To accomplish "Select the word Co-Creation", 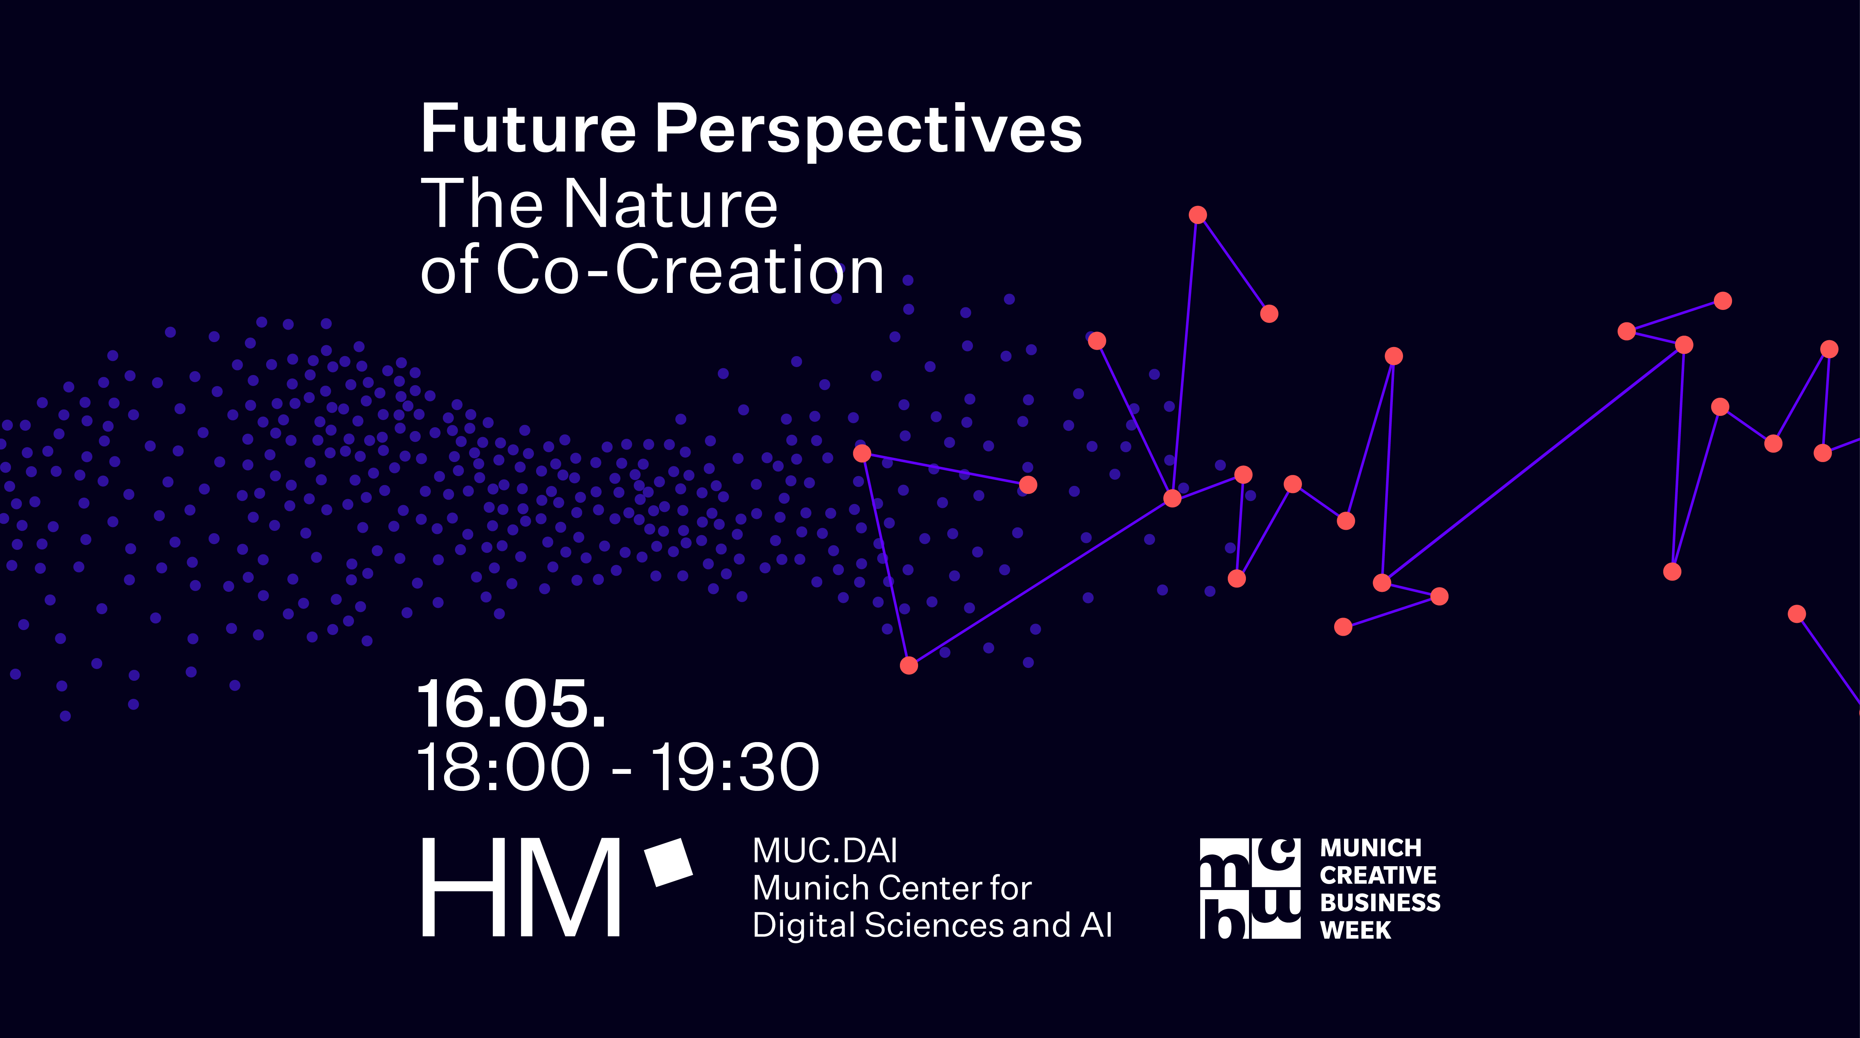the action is (689, 270).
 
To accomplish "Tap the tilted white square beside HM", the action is (668, 862).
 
